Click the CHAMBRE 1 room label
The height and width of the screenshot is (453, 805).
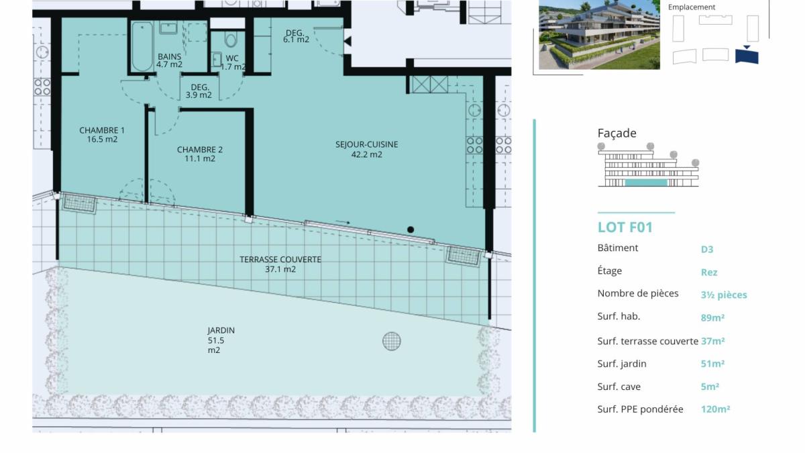[x=102, y=134]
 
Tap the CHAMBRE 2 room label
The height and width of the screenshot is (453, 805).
[x=200, y=154]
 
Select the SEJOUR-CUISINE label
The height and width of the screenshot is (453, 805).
[x=366, y=149]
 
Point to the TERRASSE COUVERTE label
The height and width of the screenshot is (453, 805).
[x=280, y=264]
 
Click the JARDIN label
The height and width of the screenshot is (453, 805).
[x=221, y=340]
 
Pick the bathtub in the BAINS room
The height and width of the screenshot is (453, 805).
[x=142, y=46]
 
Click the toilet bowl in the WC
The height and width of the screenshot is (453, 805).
[x=231, y=39]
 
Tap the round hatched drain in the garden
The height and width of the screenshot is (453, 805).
[x=391, y=341]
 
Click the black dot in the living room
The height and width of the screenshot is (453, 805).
[x=411, y=230]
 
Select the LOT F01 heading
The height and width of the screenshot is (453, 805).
[x=625, y=228]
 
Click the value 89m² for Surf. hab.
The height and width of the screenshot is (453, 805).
[x=712, y=318]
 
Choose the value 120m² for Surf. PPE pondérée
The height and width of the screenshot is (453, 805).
[x=715, y=409]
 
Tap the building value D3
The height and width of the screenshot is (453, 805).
[x=707, y=249]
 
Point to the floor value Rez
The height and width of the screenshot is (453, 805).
[x=709, y=272]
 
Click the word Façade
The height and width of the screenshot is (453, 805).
[x=616, y=134]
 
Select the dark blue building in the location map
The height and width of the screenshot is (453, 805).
[x=747, y=56]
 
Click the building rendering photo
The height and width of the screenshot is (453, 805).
[x=599, y=34]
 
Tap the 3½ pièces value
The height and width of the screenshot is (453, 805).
[x=724, y=295]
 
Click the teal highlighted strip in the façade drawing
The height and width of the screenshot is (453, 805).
[x=646, y=183]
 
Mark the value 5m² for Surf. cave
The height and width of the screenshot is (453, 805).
[x=710, y=387]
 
